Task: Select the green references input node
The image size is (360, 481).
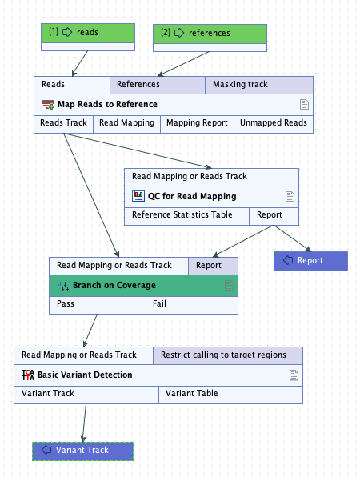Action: [210, 34]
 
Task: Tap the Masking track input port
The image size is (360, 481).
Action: [258, 84]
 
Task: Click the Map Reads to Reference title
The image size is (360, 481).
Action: [107, 104]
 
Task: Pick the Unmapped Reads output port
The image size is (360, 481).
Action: [273, 123]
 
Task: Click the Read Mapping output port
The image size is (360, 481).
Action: [126, 123]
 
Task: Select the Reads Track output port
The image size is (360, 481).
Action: [63, 123]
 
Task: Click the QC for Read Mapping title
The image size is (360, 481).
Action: [192, 196]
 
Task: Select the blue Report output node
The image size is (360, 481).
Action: [310, 260]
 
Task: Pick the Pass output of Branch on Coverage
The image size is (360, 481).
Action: [97, 305]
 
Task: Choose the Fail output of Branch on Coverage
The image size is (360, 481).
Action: [191, 305]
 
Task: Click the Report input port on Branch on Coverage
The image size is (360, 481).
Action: [212, 265]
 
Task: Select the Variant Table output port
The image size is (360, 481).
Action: [231, 394]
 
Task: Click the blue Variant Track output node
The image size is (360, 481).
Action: [82, 451]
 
